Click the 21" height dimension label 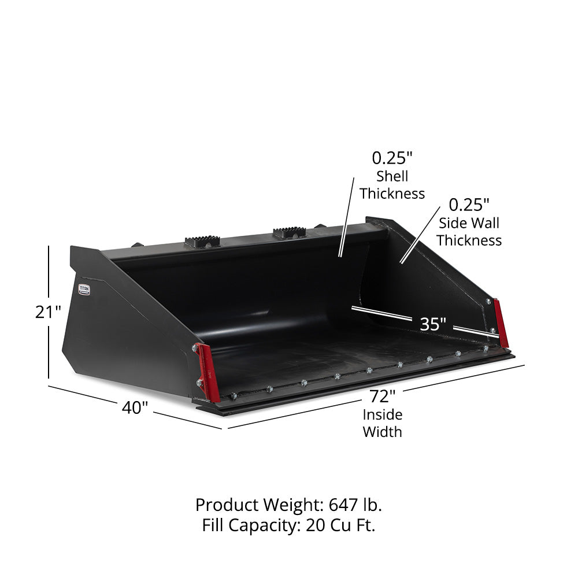[x=48, y=312]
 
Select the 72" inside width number [x=383, y=397]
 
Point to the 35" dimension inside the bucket [x=433, y=324]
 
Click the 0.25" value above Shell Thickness [x=392, y=157]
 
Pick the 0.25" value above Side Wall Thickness [x=469, y=204]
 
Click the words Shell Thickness [x=392, y=185]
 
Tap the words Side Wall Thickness [x=469, y=231]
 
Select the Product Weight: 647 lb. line [x=288, y=505]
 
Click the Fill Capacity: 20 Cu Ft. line [x=288, y=525]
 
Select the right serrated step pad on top [x=289, y=232]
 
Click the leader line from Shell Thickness [x=347, y=217]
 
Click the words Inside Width [x=383, y=423]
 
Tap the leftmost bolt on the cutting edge [x=234, y=396]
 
